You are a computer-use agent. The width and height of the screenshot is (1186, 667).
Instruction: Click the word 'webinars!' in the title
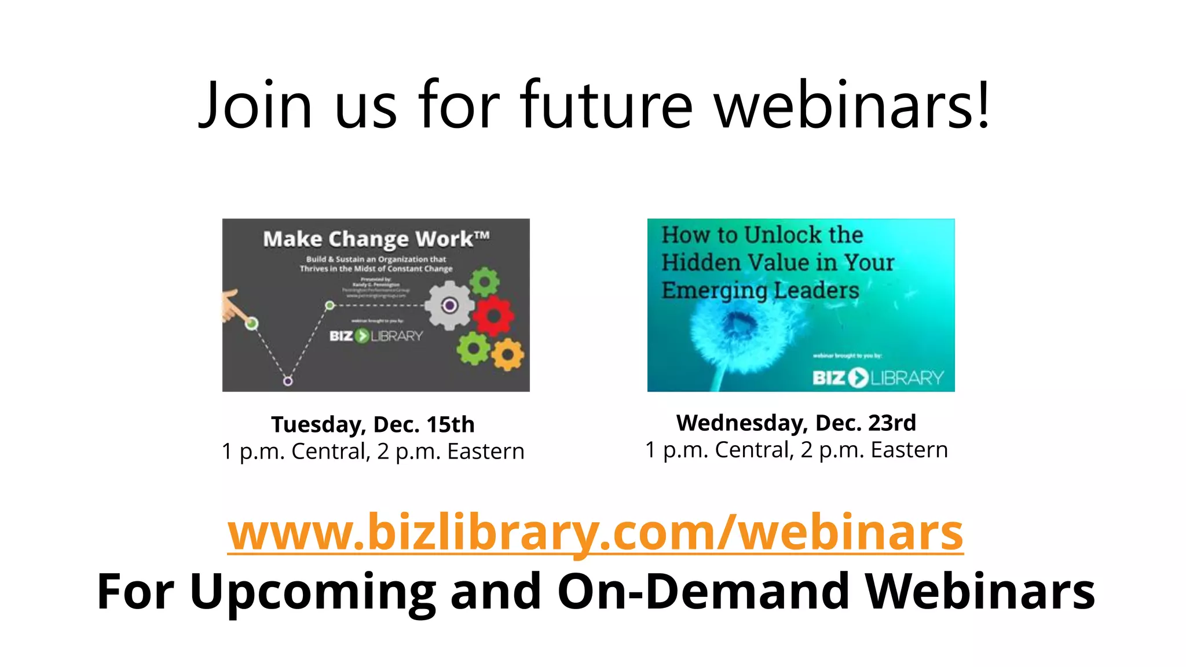pyautogui.click(x=852, y=105)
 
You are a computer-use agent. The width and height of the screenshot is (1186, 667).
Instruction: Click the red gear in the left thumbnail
pyautogui.click(x=493, y=316)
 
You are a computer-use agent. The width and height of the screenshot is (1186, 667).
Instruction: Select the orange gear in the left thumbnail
pyautogui.click(x=508, y=354)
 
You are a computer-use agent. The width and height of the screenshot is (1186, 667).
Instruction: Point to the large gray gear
pyautogui.click(x=449, y=305)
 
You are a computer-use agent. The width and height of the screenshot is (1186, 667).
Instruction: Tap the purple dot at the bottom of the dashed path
pyautogui.click(x=288, y=380)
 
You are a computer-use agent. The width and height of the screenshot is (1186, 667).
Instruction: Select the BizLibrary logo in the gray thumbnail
pyautogui.click(x=376, y=336)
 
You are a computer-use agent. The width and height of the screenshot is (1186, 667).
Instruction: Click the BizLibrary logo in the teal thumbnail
pyautogui.click(x=878, y=378)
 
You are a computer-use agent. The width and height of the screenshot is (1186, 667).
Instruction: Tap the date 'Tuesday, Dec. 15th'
pyautogui.click(x=373, y=424)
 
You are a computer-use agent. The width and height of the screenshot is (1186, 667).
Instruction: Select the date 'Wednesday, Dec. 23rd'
pyautogui.click(x=796, y=423)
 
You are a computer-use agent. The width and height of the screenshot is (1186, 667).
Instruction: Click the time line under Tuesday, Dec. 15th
pyautogui.click(x=373, y=452)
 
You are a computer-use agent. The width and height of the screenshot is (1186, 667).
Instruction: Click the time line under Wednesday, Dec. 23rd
pyautogui.click(x=796, y=450)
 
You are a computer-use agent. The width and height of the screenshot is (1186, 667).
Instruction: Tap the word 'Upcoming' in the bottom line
pyautogui.click(x=313, y=591)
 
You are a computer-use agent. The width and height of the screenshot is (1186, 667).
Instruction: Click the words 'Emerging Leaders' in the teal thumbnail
pyautogui.click(x=760, y=290)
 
